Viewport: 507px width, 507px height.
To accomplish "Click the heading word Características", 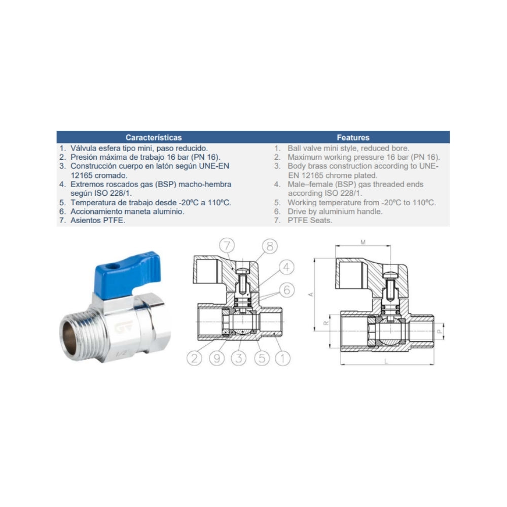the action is pos(154,137).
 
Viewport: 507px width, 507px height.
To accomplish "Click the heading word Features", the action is pos(353,137).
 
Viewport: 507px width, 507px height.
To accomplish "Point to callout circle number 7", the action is pos(227,245).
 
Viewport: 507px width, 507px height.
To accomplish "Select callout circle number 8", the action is pos(270,246).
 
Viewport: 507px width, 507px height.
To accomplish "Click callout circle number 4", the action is pos(286,267).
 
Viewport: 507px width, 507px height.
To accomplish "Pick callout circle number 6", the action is pos(286,289).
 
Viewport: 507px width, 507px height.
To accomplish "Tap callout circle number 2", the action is pos(194,358).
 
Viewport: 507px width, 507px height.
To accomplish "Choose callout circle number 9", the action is pos(216,358).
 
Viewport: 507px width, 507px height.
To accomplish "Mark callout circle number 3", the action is pos(239,358).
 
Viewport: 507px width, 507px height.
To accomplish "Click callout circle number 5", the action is pos(262,358).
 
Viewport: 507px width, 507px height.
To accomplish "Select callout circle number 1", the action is pos(282,358).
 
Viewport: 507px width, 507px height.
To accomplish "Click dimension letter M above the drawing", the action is pos(363,242).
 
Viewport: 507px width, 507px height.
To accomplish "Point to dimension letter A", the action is pos(311,295).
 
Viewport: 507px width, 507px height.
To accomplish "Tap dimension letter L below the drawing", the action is pos(386,361).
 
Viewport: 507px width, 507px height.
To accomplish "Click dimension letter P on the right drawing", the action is pos(439,331).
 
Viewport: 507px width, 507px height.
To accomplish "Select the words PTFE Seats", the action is pos(310,221).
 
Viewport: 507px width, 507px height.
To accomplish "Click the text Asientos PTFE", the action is pos(98,221).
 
